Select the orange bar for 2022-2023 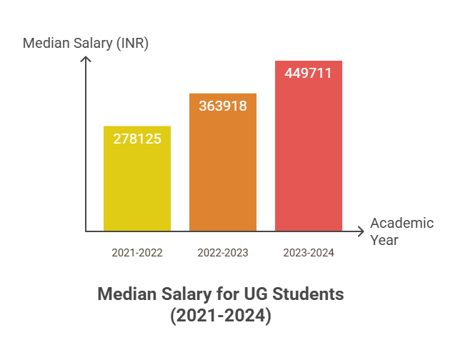pos(222,171)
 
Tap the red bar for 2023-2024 pos(308,157)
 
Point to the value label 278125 pos(137,139)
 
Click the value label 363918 pos(222,106)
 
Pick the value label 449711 pos(308,74)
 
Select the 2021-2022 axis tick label pos(137,252)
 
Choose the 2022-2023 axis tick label pos(222,252)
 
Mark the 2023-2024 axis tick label pos(309,252)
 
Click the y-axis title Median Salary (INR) pos(85,43)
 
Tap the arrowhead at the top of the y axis pos(86,59)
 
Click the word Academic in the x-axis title pos(402,223)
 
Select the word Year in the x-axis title pos(384,240)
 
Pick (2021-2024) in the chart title pos(221,315)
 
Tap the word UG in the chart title pos(251,294)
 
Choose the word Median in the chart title pos(127,294)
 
